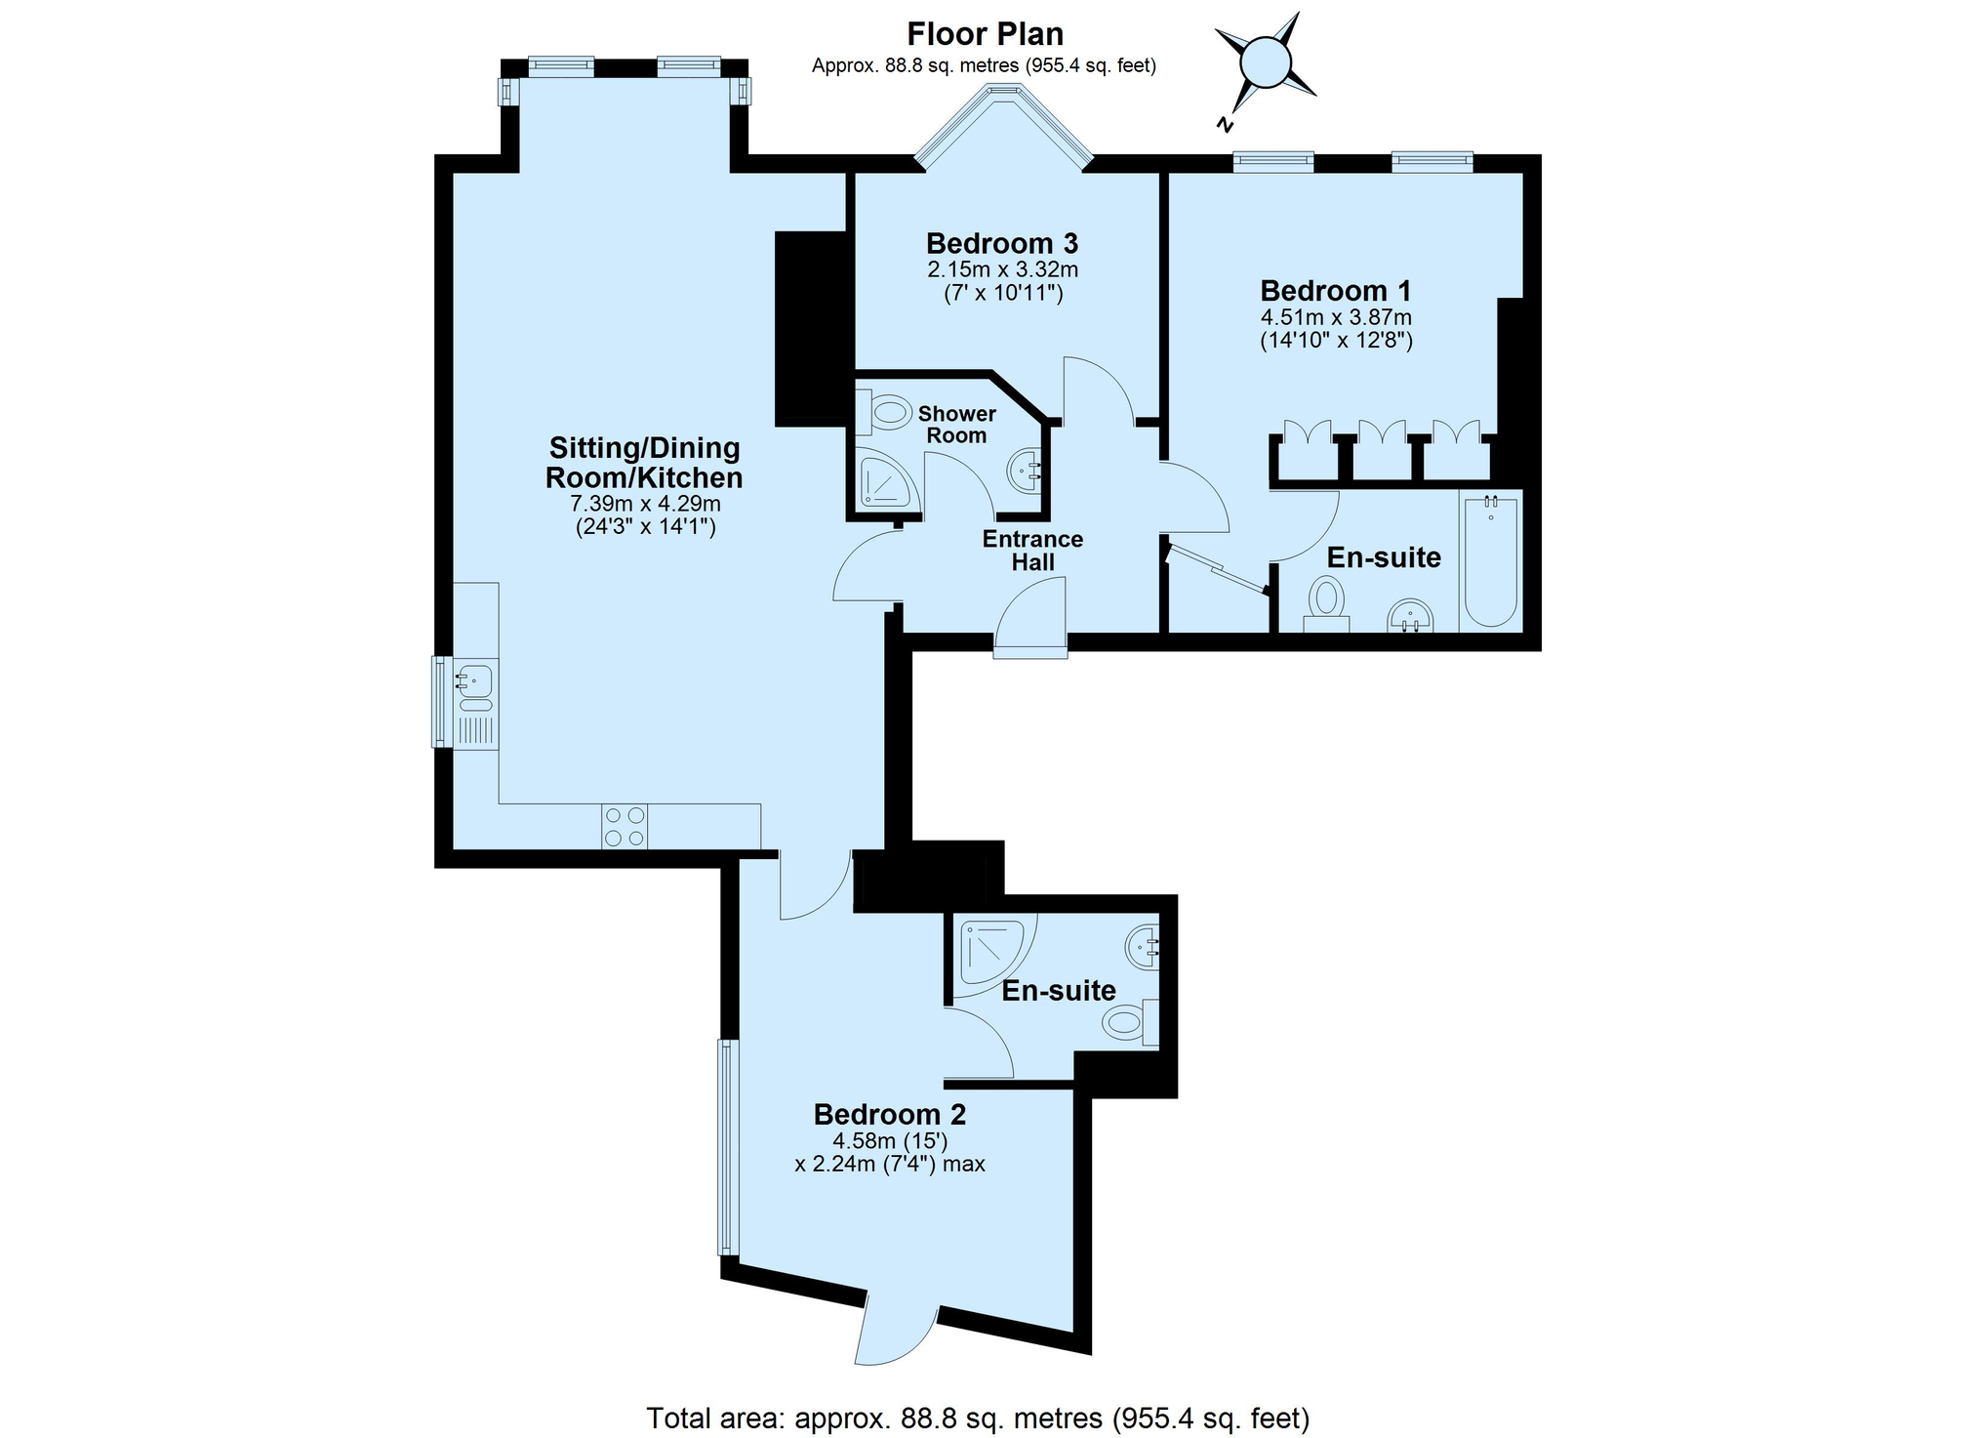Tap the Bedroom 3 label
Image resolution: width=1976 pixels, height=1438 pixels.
pos(1002,243)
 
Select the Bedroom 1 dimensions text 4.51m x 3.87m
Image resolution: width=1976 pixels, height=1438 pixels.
pos(1336,317)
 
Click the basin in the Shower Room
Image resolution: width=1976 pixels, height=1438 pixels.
pos(1024,471)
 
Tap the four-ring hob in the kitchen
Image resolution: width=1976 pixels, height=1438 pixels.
pos(625,826)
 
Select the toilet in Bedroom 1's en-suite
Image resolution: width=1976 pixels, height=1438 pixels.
pos(1326,605)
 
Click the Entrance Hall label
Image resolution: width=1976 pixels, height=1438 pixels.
pos(1032,551)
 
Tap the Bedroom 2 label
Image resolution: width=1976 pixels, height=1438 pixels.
pos(890,1114)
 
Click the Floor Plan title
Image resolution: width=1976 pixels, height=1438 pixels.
pos(986,34)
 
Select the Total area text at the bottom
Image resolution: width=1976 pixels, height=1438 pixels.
pos(978,1417)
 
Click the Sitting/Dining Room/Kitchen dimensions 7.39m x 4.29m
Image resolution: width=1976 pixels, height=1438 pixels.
pos(645,504)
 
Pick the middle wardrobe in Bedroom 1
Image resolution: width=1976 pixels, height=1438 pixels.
pos(1382,449)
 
